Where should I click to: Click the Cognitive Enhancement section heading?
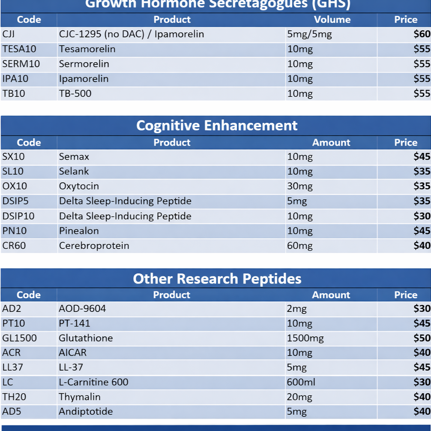pos(216,126)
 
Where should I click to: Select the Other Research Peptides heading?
pos(217,278)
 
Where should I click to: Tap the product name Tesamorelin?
pos(87,49)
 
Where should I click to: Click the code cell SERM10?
pos(21,64)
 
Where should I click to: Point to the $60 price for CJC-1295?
pos(422,34)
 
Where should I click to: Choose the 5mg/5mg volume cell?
pos(309,34)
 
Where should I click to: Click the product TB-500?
pos(75,93)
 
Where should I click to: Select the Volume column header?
pos(332,20)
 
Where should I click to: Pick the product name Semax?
pos(74,157)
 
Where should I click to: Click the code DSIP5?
pos(15,201)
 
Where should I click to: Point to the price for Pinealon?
pos(422,231)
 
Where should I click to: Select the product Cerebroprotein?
pos(94,245)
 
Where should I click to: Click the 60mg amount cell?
pos(300,245)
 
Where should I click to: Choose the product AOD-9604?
pos(82,308)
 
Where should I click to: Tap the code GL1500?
pos(19,338)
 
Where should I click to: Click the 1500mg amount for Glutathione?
pos(305,338)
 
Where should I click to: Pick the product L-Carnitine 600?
pos(93,382)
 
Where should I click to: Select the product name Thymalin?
pos(80,397)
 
